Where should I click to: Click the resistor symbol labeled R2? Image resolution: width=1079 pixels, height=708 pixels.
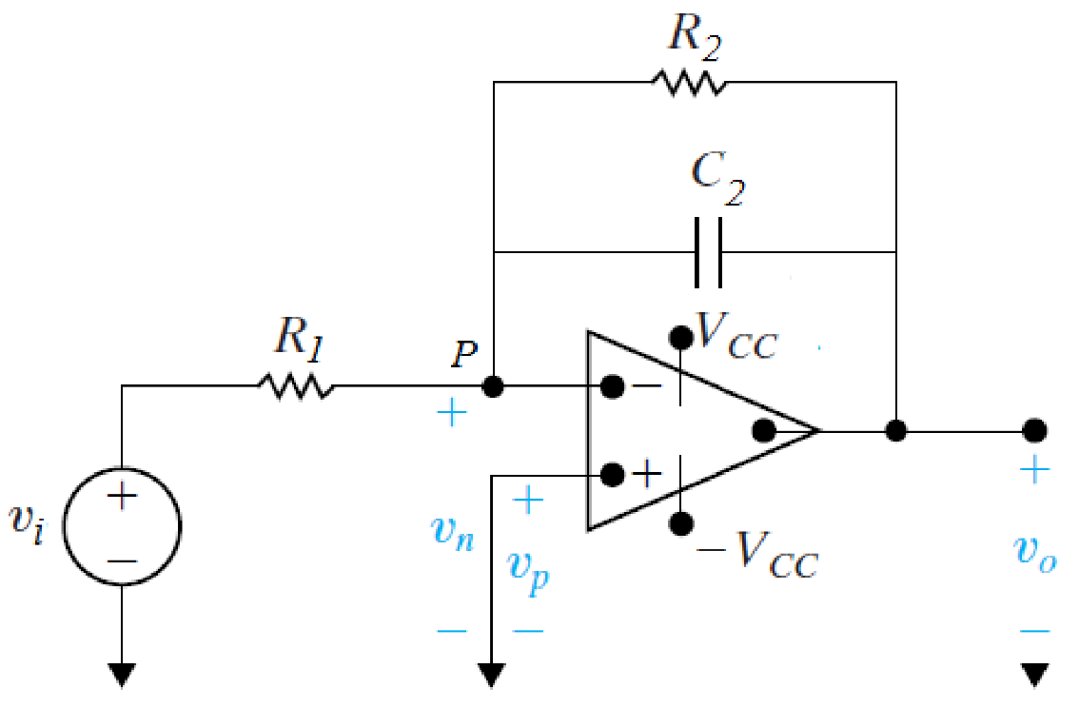[689, 83]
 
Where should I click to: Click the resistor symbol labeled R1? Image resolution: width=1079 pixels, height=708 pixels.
[295, 386]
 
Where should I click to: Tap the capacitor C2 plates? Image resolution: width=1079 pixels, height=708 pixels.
[708, 252]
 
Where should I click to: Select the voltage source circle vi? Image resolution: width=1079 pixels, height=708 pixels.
[122, 525]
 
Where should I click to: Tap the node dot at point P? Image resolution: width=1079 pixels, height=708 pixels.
[493, 387]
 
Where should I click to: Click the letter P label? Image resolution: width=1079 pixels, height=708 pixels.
[464, 355]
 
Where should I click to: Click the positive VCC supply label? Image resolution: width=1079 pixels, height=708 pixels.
[736, 334]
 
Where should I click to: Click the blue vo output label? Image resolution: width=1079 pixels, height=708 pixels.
[1034, 552]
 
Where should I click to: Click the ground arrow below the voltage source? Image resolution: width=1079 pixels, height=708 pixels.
[122, 675]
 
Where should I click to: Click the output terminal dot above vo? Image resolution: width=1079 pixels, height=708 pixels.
[1034, 430]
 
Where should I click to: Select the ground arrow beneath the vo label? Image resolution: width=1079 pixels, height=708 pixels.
[1034, 675]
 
